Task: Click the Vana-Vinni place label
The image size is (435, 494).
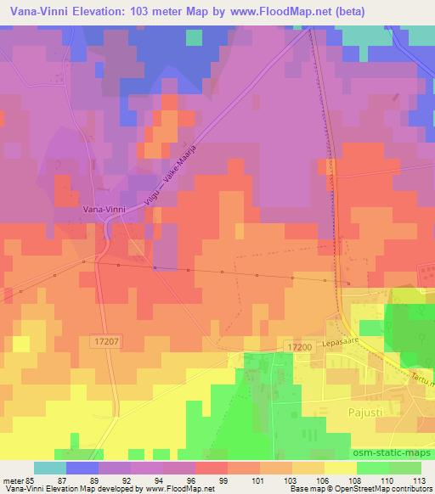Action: click(x=105, y=206)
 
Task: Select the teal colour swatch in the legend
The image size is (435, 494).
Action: click(x=50, y=468)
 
